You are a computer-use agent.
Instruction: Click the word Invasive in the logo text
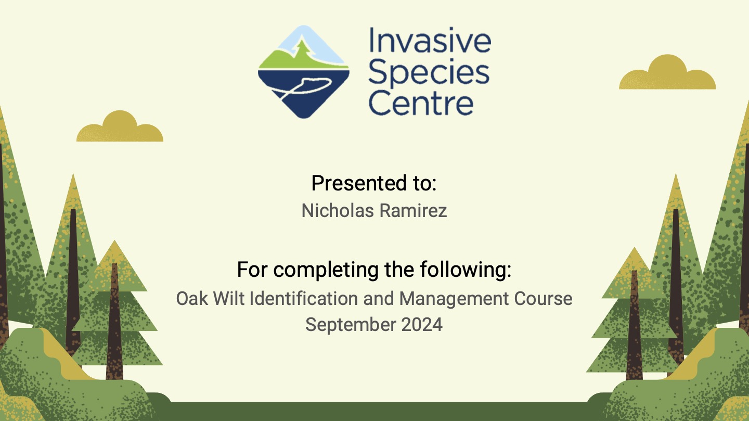pos(430,40)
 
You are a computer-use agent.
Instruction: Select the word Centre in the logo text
pos(421,103)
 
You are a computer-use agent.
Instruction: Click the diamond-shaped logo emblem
pos(304,72)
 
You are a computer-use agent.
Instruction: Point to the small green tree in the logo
pos(303,49)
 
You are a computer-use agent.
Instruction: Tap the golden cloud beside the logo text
pos(667,72)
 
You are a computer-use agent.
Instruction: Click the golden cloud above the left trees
pos(120,126)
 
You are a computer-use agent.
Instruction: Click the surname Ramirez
pos(414,210)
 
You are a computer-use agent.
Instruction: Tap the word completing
pos(326,270)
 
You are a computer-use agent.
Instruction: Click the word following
pos(466,269)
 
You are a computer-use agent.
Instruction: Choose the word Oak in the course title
pos(192,298)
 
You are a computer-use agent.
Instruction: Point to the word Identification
pos(304,298)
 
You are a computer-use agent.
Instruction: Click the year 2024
pos(422,325)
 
